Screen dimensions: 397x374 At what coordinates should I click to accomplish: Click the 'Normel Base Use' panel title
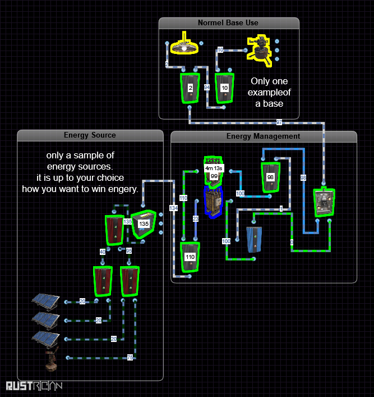coord(228,23)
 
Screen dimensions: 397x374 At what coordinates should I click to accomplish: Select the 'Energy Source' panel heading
coord(90,135)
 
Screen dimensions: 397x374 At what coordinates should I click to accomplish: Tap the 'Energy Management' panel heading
coord(263,136)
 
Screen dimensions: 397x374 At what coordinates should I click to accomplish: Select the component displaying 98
coord(270,177)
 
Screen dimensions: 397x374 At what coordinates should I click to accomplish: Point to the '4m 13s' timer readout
coord(214,168)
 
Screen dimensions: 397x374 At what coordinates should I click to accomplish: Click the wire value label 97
coord(279,122)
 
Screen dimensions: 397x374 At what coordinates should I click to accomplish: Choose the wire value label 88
coord(304,178)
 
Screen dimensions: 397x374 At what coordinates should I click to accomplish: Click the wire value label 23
coord(196,219)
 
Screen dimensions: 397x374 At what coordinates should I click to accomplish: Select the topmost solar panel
coord(45,302)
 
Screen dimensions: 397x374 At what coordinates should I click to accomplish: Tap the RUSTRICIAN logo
coord(34,386)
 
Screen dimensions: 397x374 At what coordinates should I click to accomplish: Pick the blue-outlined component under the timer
coord(214,201)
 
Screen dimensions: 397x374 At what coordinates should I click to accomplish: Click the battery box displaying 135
coord(144,224)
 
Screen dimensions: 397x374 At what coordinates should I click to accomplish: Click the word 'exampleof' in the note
coord(271,92)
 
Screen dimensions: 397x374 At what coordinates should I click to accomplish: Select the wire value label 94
coord(207,88)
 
